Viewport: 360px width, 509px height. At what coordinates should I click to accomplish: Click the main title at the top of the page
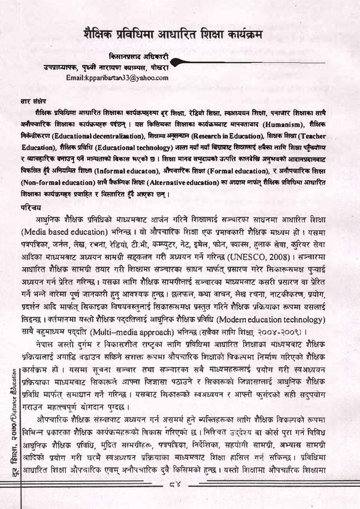180,35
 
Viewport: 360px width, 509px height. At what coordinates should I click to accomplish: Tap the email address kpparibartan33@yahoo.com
117,78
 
